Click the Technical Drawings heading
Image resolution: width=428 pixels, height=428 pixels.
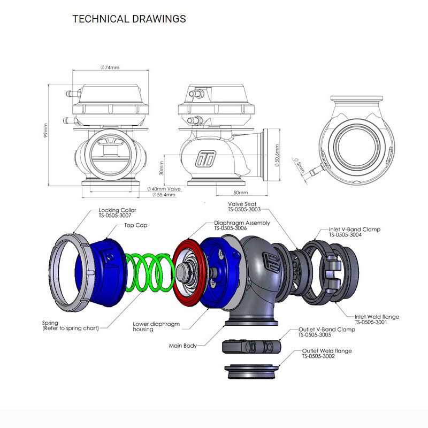[129, 19]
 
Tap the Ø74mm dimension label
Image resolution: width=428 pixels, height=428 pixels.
[110, 67]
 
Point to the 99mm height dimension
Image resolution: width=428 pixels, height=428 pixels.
[45, 131]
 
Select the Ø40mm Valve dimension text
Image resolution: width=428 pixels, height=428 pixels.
[164, 189]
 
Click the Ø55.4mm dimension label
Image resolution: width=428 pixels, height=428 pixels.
[164, 195]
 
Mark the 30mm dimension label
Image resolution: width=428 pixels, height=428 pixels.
[162, 168]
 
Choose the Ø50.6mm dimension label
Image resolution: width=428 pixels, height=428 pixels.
[277, 156]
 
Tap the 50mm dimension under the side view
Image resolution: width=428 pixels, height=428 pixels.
[241, 193]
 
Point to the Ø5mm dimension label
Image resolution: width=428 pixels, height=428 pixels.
[299, 165]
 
